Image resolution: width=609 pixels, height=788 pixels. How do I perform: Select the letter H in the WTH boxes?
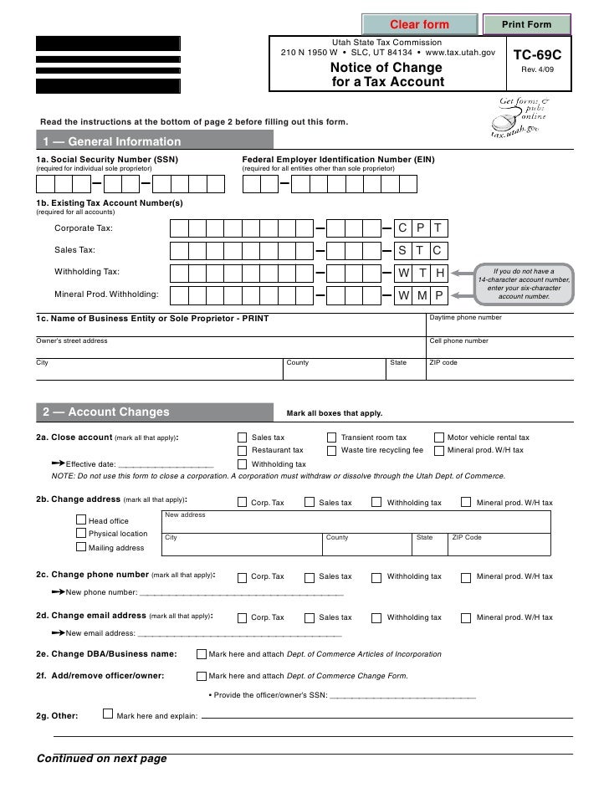[439, 273]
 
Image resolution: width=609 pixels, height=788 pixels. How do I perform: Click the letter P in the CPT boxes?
[421, 229]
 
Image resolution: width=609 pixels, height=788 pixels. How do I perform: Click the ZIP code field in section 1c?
[500, 369]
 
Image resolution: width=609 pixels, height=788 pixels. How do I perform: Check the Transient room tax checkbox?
[332, 437]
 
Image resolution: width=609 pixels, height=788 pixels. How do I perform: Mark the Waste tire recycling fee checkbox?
[332, 450]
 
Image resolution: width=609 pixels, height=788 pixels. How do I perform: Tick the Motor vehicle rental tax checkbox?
[439, 437]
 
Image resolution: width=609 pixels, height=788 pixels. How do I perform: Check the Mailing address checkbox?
[81, 548]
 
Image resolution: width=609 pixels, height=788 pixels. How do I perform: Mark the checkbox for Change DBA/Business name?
[201, 653]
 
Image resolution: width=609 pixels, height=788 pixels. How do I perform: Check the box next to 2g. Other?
[106, 714]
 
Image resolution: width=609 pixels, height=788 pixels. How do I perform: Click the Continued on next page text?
[101, 760]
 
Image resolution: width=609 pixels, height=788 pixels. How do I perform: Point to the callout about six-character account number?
[524, 284]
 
